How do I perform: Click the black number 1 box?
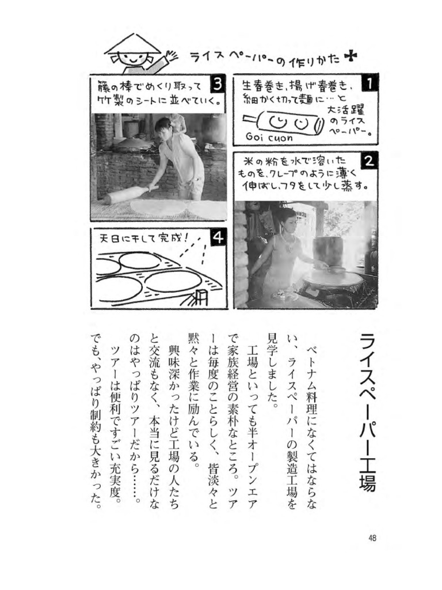coord(369,84)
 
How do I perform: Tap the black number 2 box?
coord(369,161)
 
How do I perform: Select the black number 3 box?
coord(217,85)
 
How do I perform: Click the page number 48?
coord(372,538)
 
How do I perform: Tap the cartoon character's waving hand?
coord(170,56)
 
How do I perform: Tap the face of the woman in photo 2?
coord(288,221)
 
